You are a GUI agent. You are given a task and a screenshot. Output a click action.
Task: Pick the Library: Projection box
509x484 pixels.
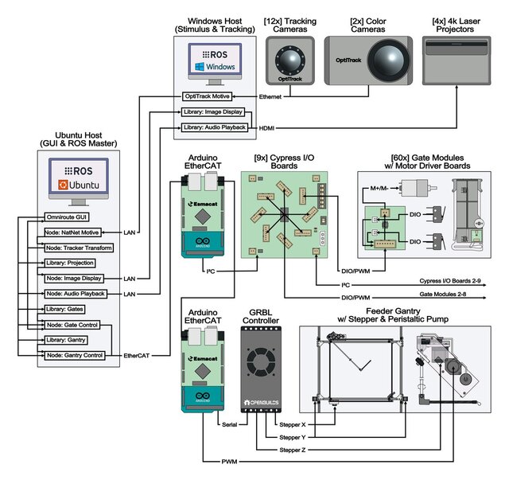(x=70, y=263)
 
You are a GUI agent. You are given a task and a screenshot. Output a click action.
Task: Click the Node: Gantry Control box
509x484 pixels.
(x=75, y=354)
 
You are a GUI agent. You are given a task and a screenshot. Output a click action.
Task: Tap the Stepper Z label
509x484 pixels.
(x=291, y=450)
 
